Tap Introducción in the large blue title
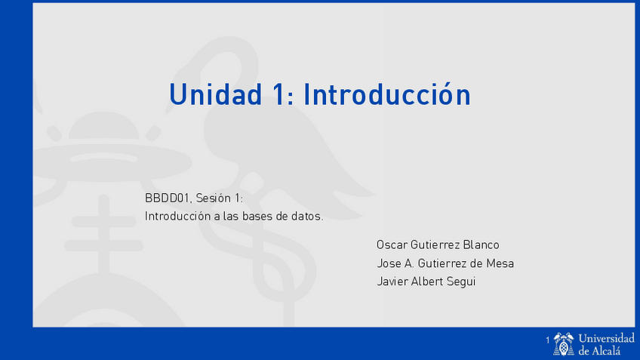coord(386,94)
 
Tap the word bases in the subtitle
coord(259,217)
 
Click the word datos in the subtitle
coord(306,217)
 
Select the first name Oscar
coord(392,245)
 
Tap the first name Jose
coord(389,263)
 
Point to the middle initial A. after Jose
coord(411,263)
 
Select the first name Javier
coord(392,282)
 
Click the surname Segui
coord(463,282)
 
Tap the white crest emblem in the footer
coord(564,343)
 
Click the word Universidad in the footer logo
coord(606,338)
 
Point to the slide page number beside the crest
coord(548,343)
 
